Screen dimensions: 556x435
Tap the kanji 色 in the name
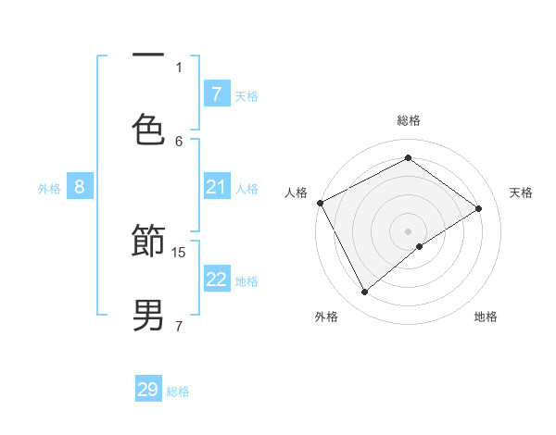tap(148, 130)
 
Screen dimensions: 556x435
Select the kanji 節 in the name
tap(148, 244)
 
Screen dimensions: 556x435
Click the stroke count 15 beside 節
tap(180, 252)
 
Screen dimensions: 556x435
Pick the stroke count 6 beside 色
tap(179, 141)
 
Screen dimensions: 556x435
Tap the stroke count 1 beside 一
tap(179, 67)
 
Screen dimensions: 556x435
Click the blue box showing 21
tap(217, 187)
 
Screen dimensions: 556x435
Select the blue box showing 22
tap(217, 280)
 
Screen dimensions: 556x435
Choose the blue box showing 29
tap(148, 390)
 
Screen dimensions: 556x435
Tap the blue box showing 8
tap(80, 187)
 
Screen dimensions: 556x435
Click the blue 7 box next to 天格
tap(217, 94)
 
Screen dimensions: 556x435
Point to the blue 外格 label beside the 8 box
tap(49, 188)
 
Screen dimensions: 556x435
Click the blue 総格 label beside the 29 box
tap(178, 391)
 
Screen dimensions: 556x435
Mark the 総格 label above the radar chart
tap(409, 120)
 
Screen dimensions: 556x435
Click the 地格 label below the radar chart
tap(486, 317)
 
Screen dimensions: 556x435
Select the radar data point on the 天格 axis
tap(479, 208)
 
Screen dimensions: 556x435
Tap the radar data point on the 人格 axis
tap(320, 203)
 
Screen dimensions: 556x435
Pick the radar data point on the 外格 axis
tap(365, 292)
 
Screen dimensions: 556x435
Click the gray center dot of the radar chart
tap(409, 230)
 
